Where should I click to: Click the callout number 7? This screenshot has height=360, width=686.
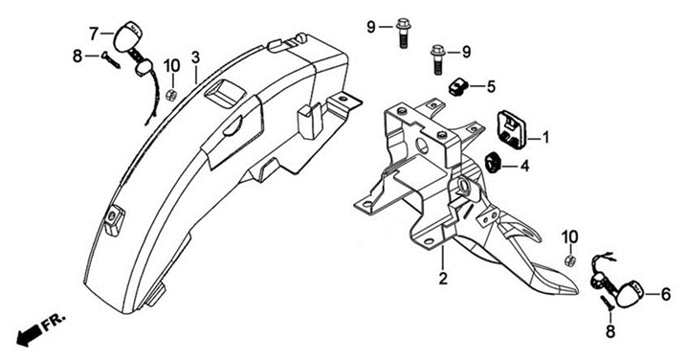click(94, 34)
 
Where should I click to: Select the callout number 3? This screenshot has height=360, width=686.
click(195, 56)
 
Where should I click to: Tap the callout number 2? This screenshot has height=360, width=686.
click(443, 278)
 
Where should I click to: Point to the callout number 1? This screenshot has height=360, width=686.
click(545, 138)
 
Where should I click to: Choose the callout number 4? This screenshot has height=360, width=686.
click(524, 166)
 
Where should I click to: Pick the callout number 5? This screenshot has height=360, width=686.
click(491, 87)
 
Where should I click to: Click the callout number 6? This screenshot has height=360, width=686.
click(666, 294)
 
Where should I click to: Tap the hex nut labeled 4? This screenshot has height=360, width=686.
click(494, 162)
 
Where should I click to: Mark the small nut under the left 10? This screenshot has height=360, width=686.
click(171, 94)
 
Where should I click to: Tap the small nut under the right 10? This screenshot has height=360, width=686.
click(569, 260)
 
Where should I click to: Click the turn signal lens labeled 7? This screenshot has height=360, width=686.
click(129, 35)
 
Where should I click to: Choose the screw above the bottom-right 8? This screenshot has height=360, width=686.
click(607, 304)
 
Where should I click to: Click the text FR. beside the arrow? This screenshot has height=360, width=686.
click(55, 322)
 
